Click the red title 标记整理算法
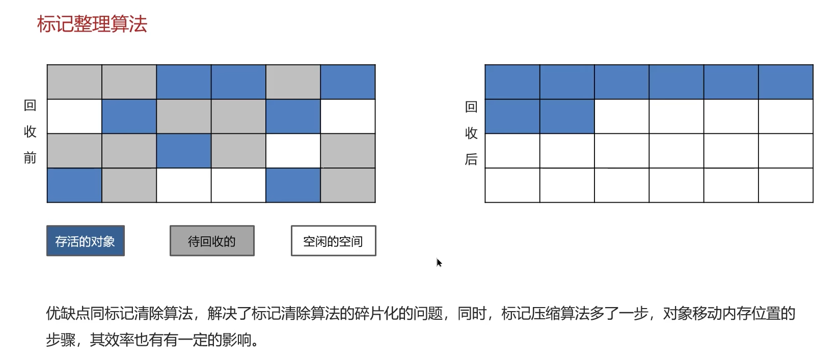point(92,24)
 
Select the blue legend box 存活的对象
point(86,241)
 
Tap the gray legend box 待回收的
point(212,241)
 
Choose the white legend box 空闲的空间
point(333,241)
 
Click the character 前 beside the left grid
point(30,158)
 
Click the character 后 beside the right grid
point(471,159)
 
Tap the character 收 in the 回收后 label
point(471,133)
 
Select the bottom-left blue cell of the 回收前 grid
point(74,185)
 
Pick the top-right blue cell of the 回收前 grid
point(348,82)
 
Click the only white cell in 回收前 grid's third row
point(293,151)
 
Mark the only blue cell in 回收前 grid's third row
point(184,151)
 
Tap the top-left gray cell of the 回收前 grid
point(74,82)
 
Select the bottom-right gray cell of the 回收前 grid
point(348,185)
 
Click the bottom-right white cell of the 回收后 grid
point(785,185)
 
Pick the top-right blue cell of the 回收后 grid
point(785,82)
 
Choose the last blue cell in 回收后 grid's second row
point(567,117)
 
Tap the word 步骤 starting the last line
point(61,340)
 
